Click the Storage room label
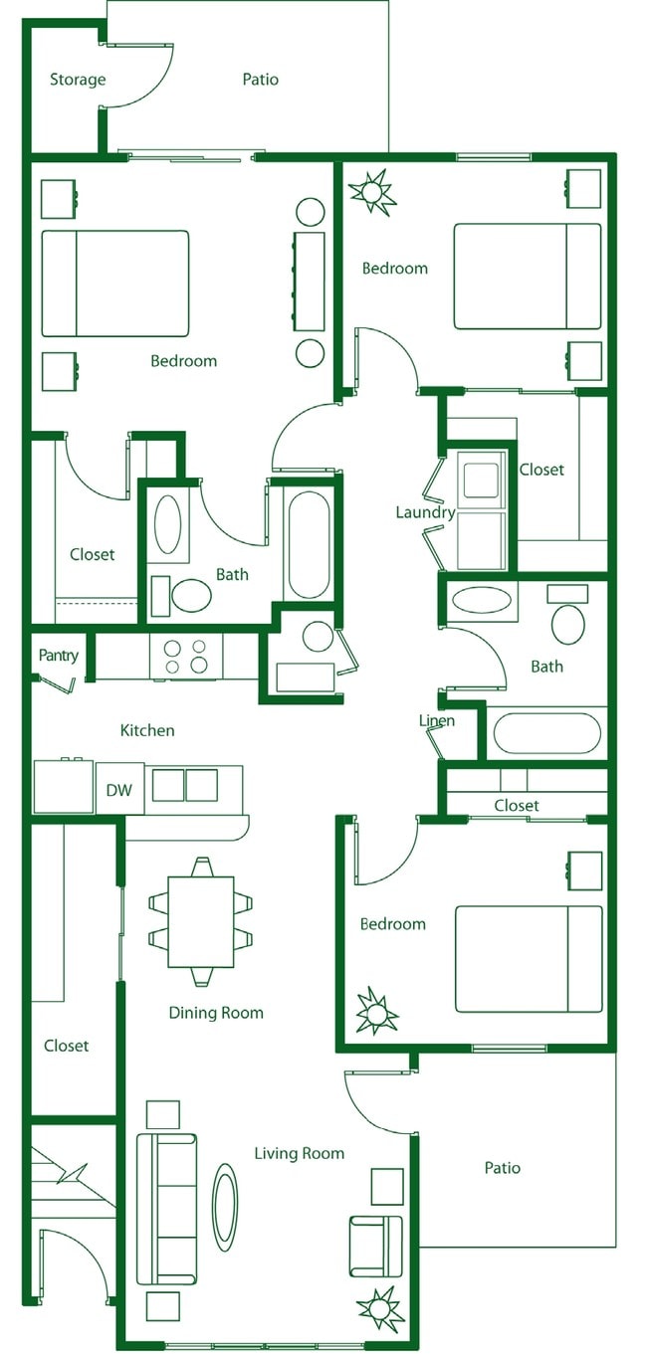coord(78,80)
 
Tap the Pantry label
coord(58,656)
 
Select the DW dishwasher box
coord(119,791)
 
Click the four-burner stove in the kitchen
coord(185,656)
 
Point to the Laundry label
coord(425,512)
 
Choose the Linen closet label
coord(437,720)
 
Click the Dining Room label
coord(216,1013)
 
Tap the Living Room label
coord(299,1153)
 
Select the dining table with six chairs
coord(200,921)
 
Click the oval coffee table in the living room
coord(226,1207)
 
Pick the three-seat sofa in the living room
coord(166,1208)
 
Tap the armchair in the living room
coord(376,1246)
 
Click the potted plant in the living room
coord(379,1309)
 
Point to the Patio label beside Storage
coord(261,80)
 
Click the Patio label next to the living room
coord(503,1168)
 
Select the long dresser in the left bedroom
coord(310,282)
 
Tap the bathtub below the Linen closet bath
coord(546,733)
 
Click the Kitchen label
coord(147,730)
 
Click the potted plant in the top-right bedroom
coord(373,191)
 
